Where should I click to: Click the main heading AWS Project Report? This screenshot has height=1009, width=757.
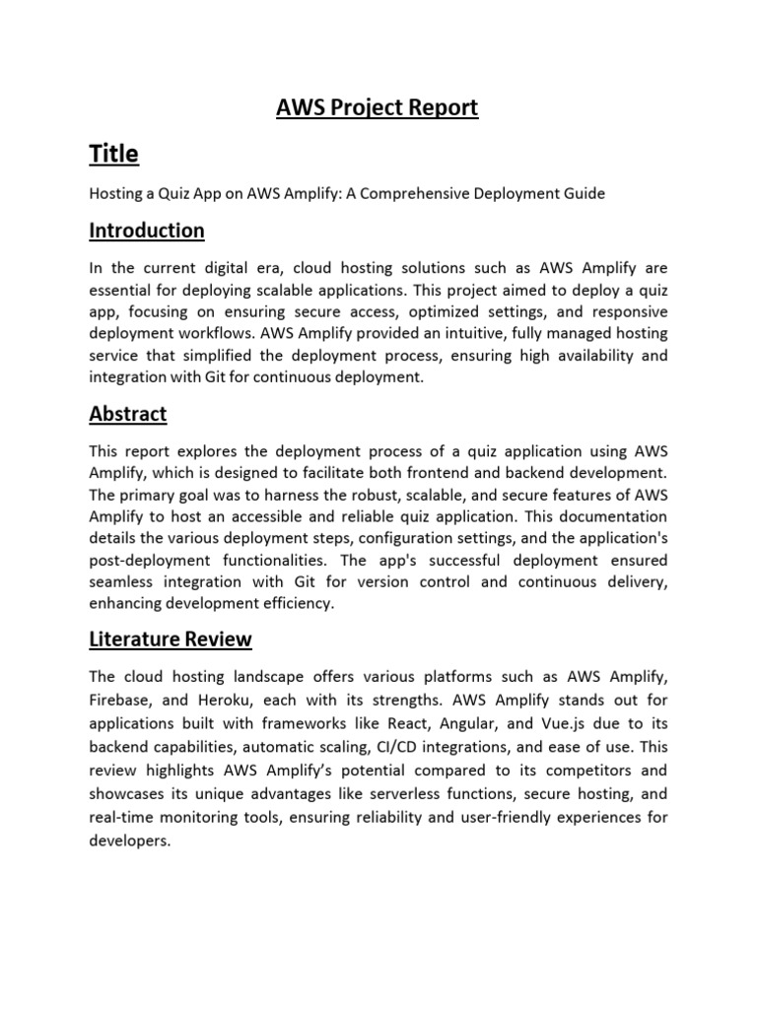[378, 107]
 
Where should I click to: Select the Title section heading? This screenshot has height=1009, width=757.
[113, 154]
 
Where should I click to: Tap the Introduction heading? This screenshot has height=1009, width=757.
[147, 231]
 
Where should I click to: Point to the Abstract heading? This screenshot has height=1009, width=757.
[128, 414]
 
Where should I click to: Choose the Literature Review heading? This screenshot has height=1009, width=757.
[171, 639]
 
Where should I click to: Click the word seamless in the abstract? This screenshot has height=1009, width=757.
[121, 581]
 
